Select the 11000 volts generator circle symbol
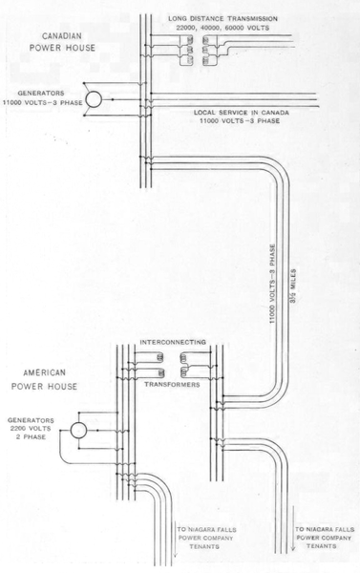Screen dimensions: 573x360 (x=94, y=99)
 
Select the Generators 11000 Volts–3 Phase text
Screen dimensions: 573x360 (x=40, y=99)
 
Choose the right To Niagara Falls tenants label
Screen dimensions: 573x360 (x=326, y=536)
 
